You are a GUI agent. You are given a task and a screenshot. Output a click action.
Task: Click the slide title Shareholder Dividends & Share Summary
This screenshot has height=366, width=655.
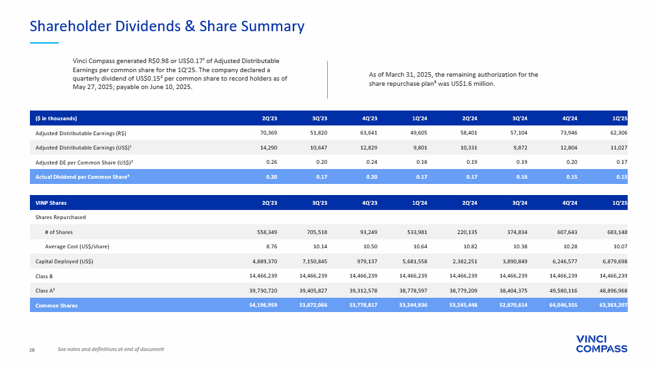click(167, 27)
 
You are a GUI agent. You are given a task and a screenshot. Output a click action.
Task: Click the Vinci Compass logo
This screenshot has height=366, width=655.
click(602, 343)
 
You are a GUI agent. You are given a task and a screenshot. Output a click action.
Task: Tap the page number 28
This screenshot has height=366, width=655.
click(32, 350)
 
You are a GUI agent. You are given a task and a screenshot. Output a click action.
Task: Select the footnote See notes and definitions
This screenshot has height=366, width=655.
click(111, 350)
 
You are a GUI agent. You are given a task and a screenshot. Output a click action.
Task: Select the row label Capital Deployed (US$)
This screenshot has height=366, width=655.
click(64, 261)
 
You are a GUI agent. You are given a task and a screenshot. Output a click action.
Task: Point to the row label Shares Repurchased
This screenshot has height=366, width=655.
click(60, 217)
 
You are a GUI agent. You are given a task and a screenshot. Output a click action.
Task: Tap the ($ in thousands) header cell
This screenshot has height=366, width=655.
click(57, 118)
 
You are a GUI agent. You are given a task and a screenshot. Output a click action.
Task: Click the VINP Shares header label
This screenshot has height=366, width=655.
click(51, 203)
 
